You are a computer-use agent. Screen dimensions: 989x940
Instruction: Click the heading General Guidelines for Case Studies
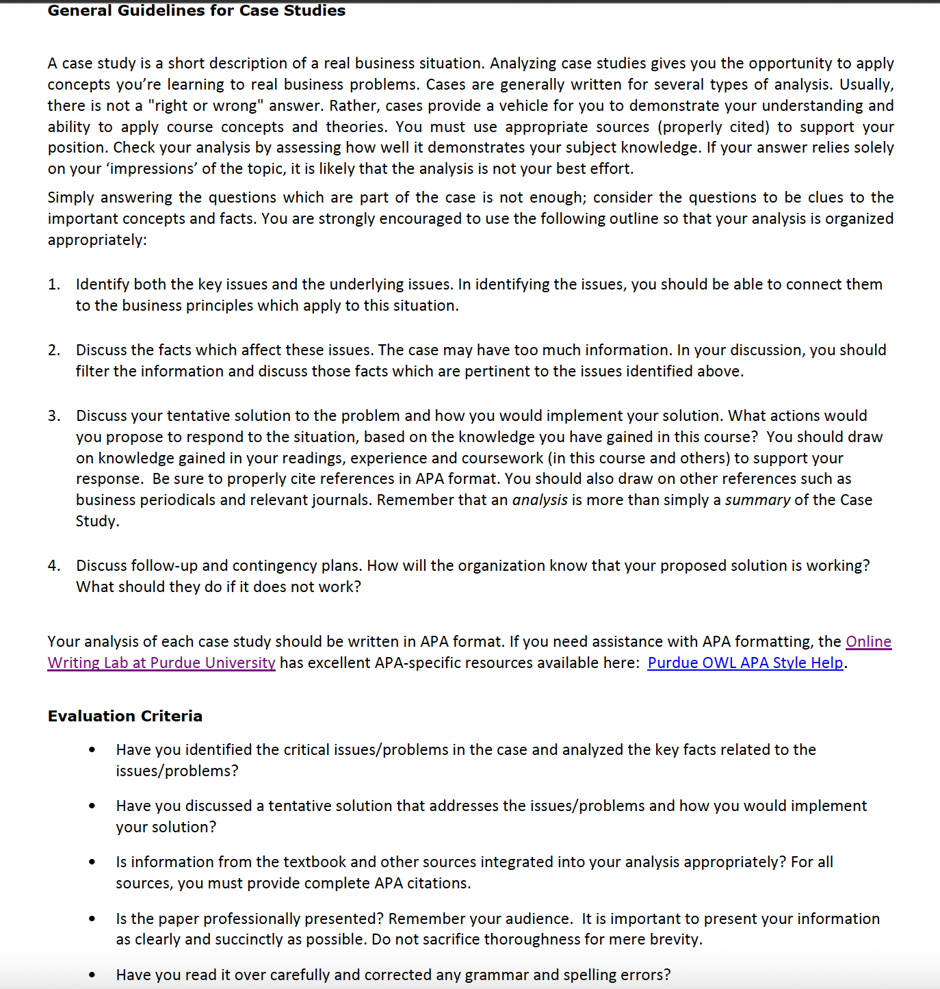(196, 10)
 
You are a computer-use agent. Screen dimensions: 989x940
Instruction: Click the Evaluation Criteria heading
(125, 716)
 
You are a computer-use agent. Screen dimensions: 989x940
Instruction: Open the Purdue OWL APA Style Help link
(745, 663)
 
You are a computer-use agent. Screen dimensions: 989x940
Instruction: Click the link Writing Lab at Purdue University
(161, 663)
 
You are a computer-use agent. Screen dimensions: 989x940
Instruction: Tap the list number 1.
(53, 284)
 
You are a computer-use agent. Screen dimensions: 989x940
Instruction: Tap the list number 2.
(53, 350)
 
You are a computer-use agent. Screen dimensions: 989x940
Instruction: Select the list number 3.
(53, 415)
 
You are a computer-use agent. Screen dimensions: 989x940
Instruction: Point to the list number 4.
(53, 565)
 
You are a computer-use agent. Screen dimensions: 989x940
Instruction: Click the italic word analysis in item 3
(540, 500)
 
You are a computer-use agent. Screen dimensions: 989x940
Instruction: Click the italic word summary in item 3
(757, 500)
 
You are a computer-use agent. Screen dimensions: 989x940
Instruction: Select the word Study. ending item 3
(97, 521)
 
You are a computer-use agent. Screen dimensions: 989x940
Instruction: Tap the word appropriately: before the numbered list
(97, 240)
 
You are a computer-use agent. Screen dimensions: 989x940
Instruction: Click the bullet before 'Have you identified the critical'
(92, 750)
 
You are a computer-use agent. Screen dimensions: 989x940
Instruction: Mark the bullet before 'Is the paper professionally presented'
(92, 919)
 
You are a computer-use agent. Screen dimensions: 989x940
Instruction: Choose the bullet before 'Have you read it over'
(92, 975)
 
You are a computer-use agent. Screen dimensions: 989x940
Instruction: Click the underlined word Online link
(868, 641)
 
